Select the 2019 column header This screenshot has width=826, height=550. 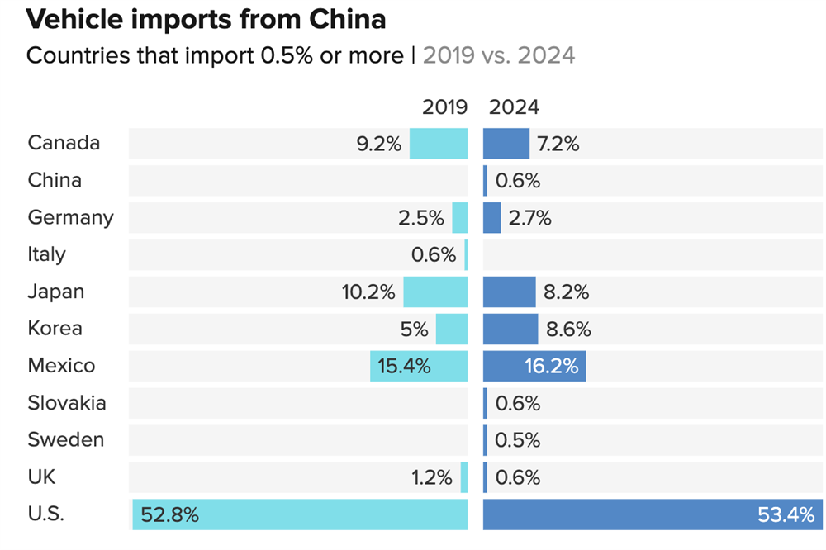click(444, 107)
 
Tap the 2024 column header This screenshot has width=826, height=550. click(514, 107)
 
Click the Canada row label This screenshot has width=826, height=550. click(64, 143)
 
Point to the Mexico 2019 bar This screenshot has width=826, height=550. click(419, 366)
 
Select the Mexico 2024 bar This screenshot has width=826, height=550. click(534, 366)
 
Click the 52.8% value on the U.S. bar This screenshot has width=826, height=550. click(169, 515)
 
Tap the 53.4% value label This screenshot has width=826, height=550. click(786, 515)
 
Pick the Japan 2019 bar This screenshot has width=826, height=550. click(435, 292)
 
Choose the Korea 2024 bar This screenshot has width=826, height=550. click(510, 329)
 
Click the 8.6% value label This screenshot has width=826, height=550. click(568, 330)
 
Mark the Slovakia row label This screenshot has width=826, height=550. click(67, 403)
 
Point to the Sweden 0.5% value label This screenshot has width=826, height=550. click(517, 441)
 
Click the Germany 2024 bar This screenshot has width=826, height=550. click(492, 218)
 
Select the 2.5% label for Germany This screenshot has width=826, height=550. click(420, 218)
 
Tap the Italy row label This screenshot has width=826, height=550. click(46, 254)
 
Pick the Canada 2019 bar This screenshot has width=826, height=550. click(439, 144)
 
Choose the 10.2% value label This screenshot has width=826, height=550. click(368, 292)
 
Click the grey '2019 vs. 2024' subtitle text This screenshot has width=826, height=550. click(499, 55)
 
